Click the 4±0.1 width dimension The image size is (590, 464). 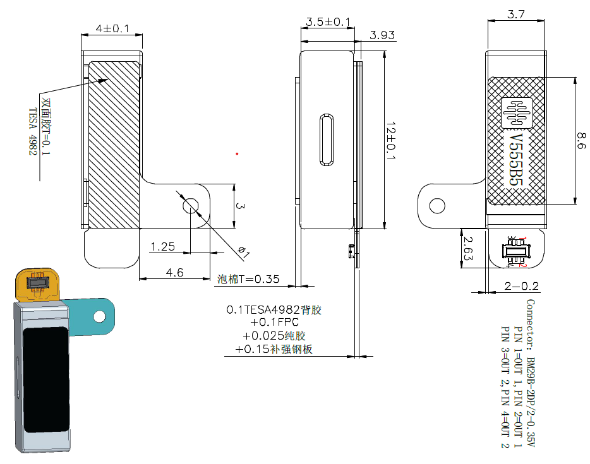[x=112, y=29]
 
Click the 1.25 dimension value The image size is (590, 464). [x=162, y=247]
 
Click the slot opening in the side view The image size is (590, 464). [x=326, y=140]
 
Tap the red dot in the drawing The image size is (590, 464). [x=238, y=153]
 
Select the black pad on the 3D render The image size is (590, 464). [x=45, y=378]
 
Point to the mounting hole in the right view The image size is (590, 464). [x=436, y=206]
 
